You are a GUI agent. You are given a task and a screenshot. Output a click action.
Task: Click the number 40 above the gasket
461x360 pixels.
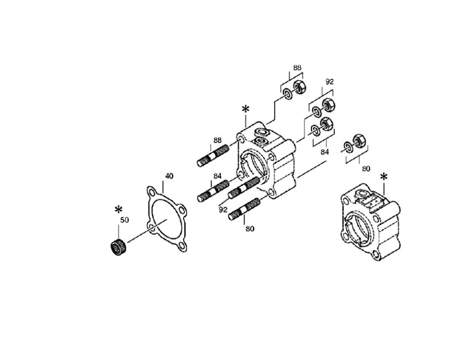pos(169,176)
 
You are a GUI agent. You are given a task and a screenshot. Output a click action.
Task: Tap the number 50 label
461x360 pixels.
pos(125,220)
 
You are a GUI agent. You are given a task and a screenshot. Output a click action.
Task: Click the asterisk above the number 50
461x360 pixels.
pos(118,210)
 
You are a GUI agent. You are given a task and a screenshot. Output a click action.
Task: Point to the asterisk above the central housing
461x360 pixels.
pos(245,109)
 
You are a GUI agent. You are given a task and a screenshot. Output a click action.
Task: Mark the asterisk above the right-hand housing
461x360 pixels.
pos(384,177)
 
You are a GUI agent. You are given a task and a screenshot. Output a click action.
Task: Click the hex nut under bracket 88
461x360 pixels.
pos(300,87)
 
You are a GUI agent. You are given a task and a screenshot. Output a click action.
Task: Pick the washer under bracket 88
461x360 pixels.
pos(287,95)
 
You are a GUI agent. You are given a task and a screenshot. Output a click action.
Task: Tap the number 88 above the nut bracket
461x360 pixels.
pos(297,67)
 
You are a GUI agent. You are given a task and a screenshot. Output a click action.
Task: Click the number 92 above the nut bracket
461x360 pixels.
pos(329,82)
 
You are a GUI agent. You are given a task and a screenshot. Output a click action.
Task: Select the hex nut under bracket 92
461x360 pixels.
pos(328,105)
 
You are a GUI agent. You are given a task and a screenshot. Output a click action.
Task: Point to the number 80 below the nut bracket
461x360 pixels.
pos(366,168)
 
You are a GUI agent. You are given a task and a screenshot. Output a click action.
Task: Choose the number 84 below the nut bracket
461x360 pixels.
pos(324,152)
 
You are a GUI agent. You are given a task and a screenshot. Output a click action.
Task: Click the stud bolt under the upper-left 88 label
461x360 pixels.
pos(213,156)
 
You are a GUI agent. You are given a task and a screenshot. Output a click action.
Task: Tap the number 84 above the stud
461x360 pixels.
pos(217,176)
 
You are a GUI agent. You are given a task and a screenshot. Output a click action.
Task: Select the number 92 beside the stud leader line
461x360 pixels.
pos(223,210)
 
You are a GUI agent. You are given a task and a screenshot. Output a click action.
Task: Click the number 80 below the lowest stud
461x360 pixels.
pos(250,228)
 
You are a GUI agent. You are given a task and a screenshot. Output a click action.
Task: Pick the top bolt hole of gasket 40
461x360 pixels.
pos(152,193)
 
